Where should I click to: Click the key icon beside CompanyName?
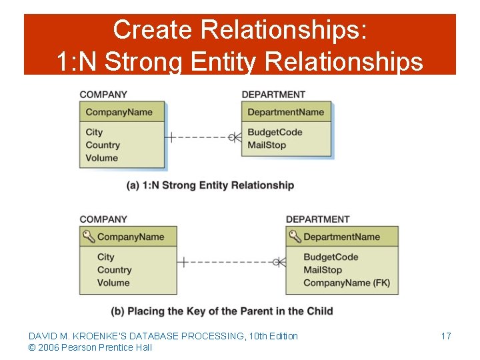click(89, 236)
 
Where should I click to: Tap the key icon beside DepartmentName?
click(295, 236)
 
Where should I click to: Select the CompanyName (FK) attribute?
click(346, 283)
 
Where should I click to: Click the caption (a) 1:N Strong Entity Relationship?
click(210, 185)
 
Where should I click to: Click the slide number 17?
click(446, 336)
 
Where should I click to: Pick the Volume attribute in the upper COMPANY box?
click(101, 158)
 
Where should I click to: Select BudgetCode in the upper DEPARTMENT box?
click(275, 132)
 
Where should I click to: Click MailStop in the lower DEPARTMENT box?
click(323, 270)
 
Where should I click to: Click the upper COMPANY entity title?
click(103, 95)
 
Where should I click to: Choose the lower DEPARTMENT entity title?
click(317, 219)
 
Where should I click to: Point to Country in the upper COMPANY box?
click(103, 145)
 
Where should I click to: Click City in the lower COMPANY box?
click(106, 257)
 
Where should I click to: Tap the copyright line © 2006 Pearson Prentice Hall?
click(90, 347)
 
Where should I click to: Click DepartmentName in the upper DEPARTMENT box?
click(285, 112)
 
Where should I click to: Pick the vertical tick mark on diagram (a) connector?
click(171, 137)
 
